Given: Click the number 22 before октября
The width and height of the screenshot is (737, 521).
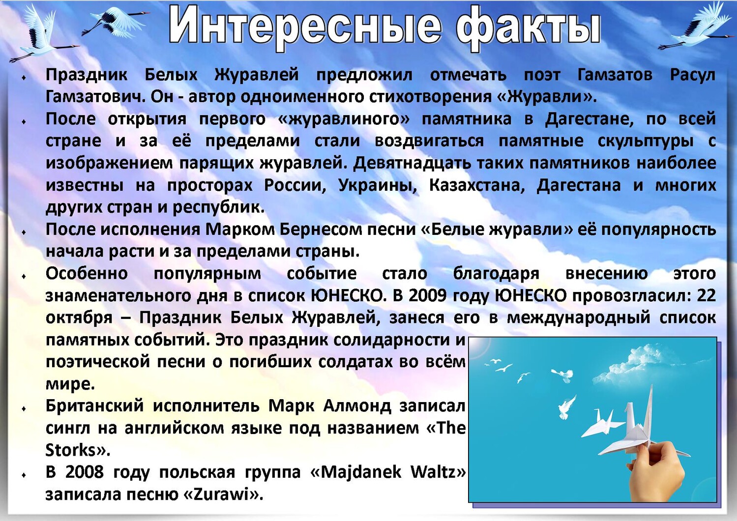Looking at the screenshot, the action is [x=706, y=296].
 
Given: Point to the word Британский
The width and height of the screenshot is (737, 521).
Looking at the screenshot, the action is [x=95, y=406].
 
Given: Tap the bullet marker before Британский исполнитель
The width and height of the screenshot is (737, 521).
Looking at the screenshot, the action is [x=24, y=408].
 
